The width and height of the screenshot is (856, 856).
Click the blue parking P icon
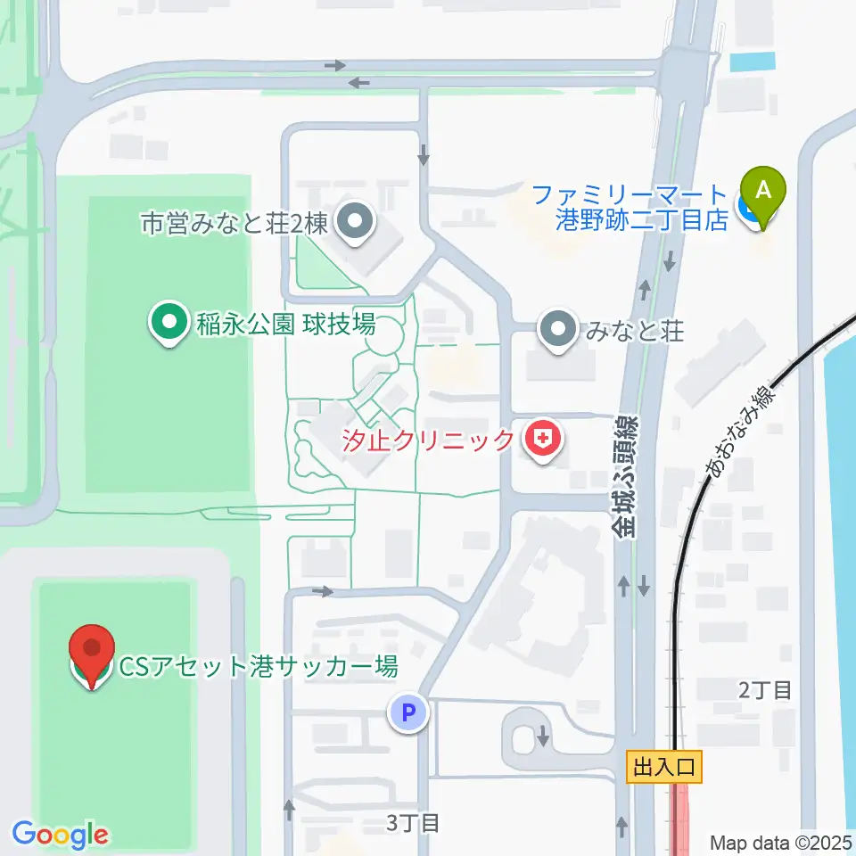[x=408, y=713]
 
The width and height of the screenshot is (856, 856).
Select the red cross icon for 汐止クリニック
[x=541, y=440]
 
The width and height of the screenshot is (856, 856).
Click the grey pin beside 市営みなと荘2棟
[x=357, y=221]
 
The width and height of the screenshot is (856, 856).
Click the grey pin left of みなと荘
[x=559, y=332]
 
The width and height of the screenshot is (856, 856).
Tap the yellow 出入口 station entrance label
[x=665, y=766]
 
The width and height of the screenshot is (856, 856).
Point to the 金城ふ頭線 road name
[x=626, y=475]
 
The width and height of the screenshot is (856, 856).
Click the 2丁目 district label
[x=764, y=689]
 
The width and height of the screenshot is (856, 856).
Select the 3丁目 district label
[x=413, y=821]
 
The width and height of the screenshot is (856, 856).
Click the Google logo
[x=60, y=835]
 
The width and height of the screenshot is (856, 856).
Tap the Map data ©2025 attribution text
[x=781, y=842]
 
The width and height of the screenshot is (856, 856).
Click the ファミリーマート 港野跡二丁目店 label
[x=630, y=207]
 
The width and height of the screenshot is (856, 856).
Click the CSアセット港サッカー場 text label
[x=258, y=667]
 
